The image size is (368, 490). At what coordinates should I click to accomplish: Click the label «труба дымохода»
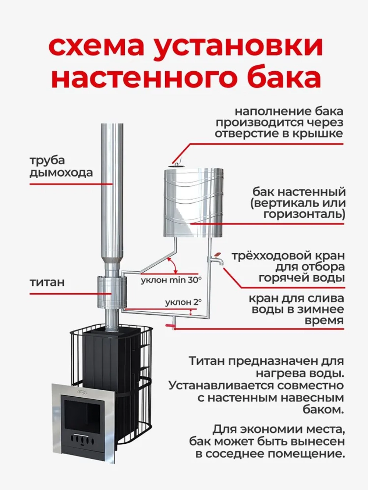click(x=61, y=166)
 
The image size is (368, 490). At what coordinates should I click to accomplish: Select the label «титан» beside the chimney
click(x=47, y=282)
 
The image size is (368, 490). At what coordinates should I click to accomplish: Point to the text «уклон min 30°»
click(x=171, y=280)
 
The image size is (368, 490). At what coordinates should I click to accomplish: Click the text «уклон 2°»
click(x=183, y=303)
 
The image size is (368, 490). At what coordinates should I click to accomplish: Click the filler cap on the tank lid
click(x=177, y=164)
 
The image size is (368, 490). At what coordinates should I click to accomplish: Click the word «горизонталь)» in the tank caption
click(x=304, y=214)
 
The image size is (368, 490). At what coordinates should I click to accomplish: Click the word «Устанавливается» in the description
click(x=229, y=386)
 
